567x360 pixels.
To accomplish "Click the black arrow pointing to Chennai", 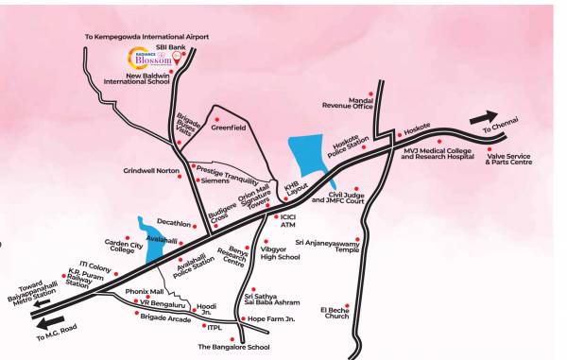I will (x=486, y=114).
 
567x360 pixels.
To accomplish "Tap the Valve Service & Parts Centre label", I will (x=508, y=157).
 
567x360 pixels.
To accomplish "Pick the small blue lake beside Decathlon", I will (x=148, y=230).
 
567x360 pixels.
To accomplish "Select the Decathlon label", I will (x=174, y=224).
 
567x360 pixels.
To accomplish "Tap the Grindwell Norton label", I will (x=150, y=171).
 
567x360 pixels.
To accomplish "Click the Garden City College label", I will (x=123, y=245).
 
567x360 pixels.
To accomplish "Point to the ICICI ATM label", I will (x=289, y=221).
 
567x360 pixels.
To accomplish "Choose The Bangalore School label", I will (x=232, y=347).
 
